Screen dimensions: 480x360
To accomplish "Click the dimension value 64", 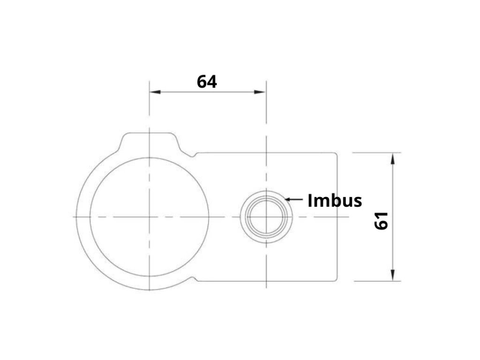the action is point(207,82).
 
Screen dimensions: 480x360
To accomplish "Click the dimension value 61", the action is point(382,221).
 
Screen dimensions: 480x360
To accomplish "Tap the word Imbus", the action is point(335,201).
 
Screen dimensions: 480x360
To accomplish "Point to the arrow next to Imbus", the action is point(293,199).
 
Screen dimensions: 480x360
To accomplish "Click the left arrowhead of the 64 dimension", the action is point(155,92).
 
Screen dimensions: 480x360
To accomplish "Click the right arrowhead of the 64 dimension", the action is point(260,92).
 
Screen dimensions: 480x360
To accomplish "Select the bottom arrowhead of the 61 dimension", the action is point(393,275).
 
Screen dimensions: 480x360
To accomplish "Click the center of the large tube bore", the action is point(150,217).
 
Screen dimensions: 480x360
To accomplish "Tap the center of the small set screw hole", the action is point(266,217).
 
